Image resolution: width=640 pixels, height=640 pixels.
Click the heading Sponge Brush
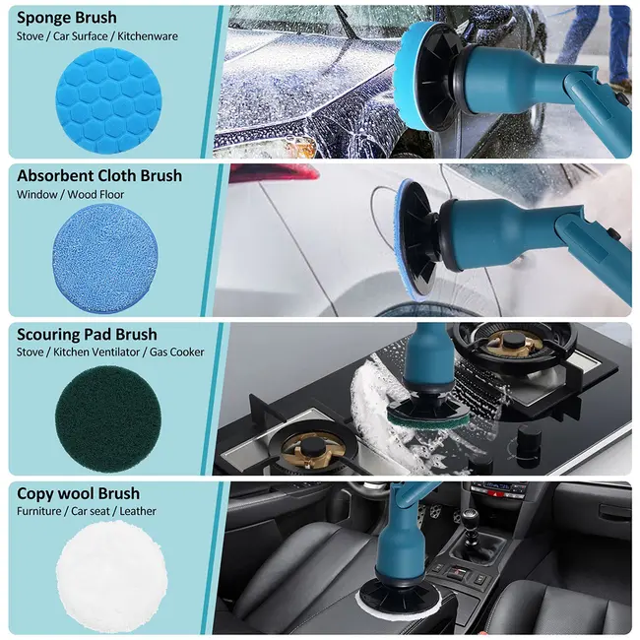(67, 18)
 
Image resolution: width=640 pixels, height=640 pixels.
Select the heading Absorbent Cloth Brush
(99, 175)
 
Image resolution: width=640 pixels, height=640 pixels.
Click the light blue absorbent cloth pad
(105, 258)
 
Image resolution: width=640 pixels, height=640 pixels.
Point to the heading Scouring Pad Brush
(87, 335)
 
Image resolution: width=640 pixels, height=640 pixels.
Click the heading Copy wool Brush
(78, 493)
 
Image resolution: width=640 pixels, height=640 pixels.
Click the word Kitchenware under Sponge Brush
(148, 36)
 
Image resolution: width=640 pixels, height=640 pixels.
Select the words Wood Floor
(96, 195)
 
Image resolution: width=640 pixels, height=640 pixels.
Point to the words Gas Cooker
(176, 352)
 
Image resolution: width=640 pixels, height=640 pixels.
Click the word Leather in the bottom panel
(138, 511)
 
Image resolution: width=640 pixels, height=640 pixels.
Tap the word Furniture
(39, 511)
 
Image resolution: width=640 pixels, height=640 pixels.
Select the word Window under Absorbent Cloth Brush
(36, 195)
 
